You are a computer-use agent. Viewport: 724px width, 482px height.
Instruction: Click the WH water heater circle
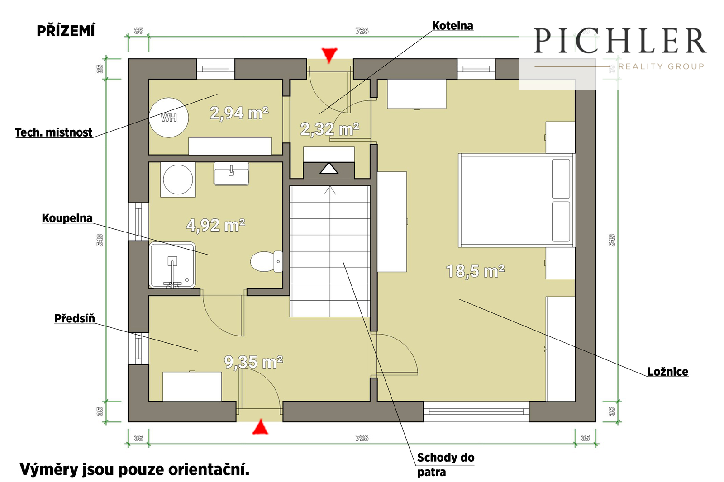point(168,118)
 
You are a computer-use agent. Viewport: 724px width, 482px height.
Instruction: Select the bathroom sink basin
point(231,174)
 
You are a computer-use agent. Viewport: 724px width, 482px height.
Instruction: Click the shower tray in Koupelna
point(172,265)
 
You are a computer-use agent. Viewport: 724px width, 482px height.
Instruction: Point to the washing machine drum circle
point(178,180)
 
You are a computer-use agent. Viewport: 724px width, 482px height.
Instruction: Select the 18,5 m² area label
point(475,271)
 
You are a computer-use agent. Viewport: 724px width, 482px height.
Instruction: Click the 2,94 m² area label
point(239,113)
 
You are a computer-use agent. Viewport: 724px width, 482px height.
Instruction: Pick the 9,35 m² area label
point(254,362)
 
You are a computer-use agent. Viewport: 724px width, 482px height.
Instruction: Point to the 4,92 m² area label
point(215,225)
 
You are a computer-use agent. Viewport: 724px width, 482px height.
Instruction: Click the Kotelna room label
point(452,25)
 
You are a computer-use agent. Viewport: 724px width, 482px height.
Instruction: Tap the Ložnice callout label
point(668,372)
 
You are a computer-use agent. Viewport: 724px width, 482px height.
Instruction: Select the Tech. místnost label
point(54,132)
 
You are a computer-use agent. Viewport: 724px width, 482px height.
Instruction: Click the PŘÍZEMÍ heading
point(66,31)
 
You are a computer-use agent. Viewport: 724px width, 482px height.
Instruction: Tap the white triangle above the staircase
point(329,168)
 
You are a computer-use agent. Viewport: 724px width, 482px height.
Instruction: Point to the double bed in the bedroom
point(516,200)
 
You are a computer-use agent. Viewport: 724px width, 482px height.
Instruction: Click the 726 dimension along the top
point(362,31)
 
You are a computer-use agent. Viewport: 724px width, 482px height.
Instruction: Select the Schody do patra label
point(446,464)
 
